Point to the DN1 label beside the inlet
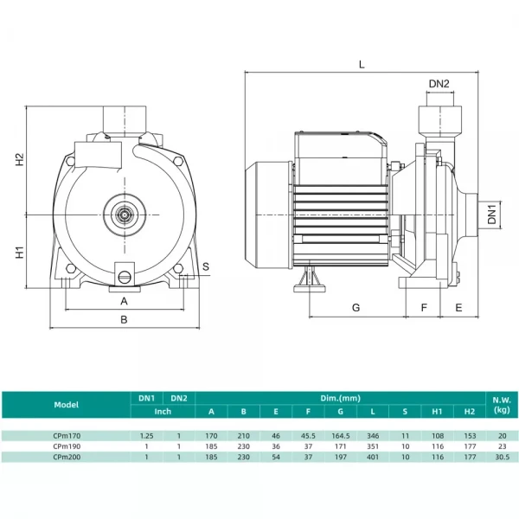click(x=491, y=215)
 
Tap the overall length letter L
click(x=362, y=64)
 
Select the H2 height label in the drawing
click(x=19, y=161)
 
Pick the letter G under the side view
click(x=355, y=308)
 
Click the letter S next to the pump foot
click(x=206, y=266)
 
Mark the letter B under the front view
click(x=124, y=319)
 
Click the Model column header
click(x=66, y=404)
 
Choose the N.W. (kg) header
click(x=502, y=404)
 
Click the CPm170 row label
click(x=66, y=436)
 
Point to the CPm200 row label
click(x=66, y=456)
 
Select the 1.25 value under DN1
click(x=147, y=436)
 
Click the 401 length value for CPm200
click(x=373, y=456)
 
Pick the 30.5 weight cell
click(x=502, y=456)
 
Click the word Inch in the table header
click(x=163, y=411)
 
